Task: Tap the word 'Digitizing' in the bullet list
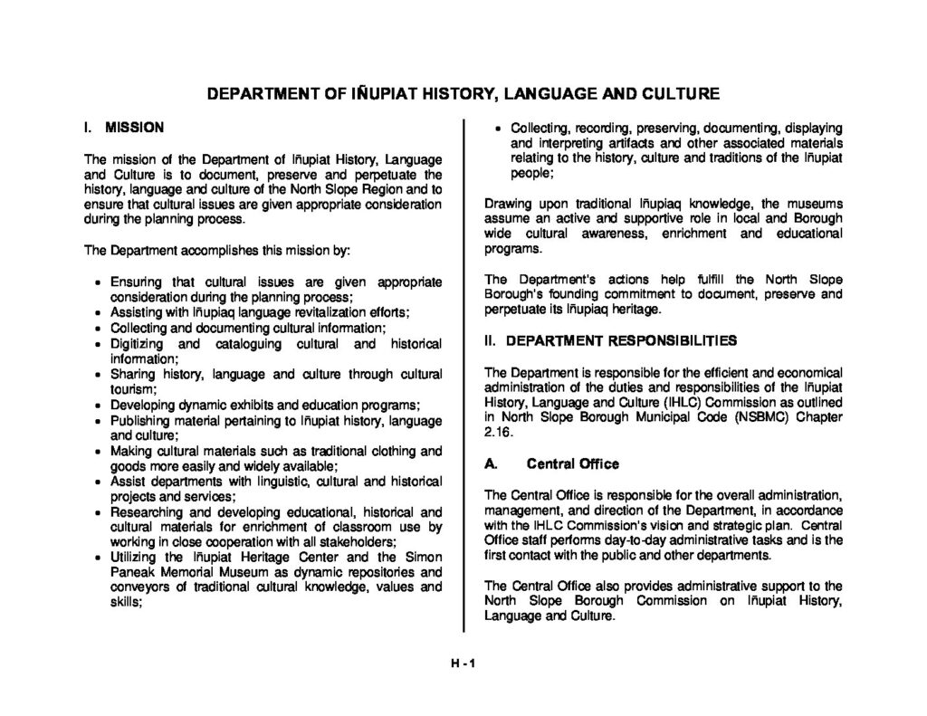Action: (x=137, y=344)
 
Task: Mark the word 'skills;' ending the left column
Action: (x=126, y=601)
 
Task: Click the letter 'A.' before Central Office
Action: (x=492, y=464)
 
